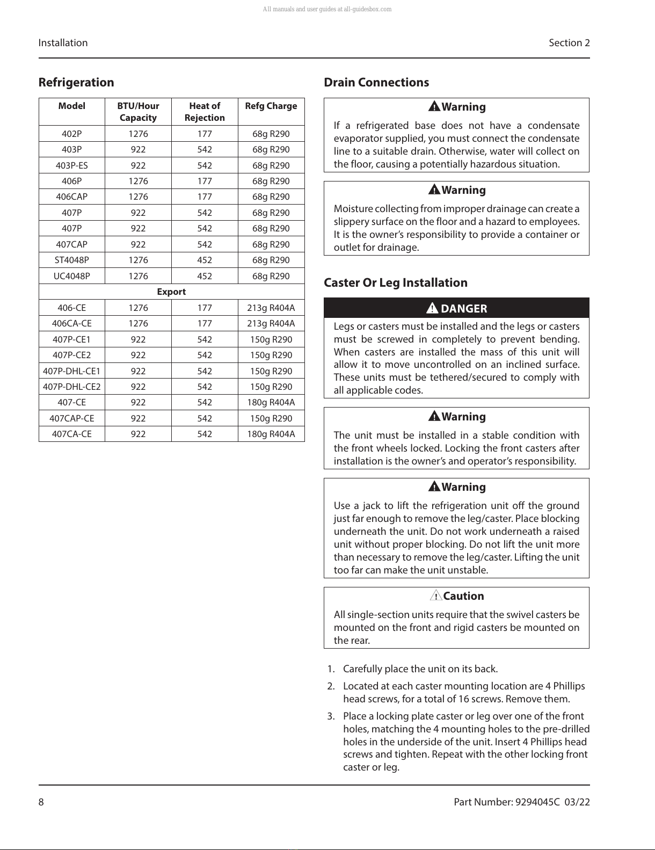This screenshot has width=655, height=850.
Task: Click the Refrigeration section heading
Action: coord(76,83)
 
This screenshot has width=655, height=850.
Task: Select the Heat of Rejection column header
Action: coord(205,112)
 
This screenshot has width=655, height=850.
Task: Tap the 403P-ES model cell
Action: coord(71,165)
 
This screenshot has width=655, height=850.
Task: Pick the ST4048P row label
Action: coord(71,260)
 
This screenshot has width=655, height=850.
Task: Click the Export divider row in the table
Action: coord(171,292)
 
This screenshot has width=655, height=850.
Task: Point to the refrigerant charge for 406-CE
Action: coord(271,308)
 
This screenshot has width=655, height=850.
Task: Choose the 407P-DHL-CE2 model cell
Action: coord(71,387)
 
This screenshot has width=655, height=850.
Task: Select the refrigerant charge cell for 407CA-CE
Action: coord(271,434)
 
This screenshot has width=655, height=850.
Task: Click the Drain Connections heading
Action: coord(376,83)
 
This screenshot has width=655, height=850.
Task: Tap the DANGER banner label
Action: coord(464,309)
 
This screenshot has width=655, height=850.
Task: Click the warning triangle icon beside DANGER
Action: coord(432,308)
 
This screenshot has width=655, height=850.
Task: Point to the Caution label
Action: coord(463,596)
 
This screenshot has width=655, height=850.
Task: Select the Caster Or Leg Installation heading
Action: coord(396,283)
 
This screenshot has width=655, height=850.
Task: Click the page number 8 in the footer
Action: coord(41,802)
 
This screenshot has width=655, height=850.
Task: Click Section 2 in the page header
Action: coord(569,43)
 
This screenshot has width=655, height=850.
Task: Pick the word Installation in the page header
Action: coord(63,43)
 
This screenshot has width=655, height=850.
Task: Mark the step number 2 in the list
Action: coord(331,686)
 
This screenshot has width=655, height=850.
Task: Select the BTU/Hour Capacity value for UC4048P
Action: coord(138,276)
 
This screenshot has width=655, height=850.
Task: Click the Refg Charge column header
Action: coord(271,106)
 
